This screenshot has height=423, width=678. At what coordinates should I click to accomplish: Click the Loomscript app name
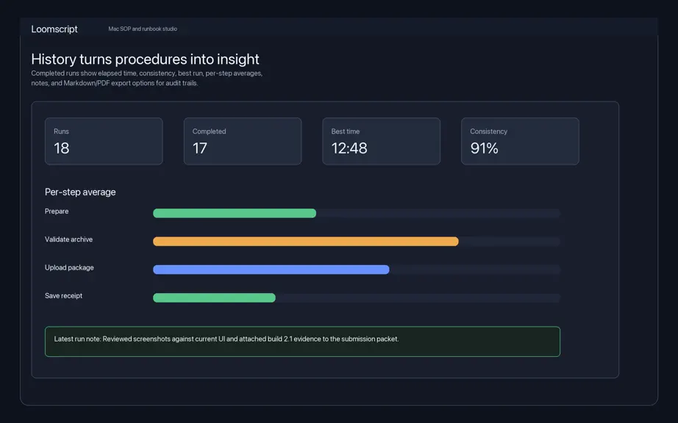click(x=54, y=29)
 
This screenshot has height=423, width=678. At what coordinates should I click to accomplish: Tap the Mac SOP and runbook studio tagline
click(x=143, y=29)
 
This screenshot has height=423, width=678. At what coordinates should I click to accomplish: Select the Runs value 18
click(x=61, y=148)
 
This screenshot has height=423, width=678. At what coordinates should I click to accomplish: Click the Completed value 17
click(x=200, y=148)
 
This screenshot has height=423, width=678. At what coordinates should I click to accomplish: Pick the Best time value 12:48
click(x=349, y=148)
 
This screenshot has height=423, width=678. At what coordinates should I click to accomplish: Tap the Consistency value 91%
click(x=485, y=148)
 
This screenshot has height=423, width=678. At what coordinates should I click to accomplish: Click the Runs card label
click(x=61, y=131)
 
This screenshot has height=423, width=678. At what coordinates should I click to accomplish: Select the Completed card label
click(x=210, y=131)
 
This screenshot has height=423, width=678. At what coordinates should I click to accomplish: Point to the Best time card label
click(x=346, y=131)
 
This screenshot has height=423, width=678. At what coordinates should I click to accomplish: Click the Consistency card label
click(x=488, y=131)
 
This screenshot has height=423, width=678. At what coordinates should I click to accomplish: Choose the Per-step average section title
click(x=80, y=192)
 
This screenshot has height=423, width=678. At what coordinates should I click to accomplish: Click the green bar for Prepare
click(x=235, y=213)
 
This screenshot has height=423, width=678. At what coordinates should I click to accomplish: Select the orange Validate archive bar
click(x=306, y=242)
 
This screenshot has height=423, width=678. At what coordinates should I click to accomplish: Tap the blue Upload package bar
click(x=271, y=270)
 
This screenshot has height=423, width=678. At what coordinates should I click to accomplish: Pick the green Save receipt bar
click(x=214, y=298)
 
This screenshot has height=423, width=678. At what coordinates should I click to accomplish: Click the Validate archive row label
click(x=68, y=239)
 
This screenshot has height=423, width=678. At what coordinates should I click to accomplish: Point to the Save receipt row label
click(x=63, y=296)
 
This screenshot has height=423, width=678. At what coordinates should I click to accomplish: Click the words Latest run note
click(x=77, y=339)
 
